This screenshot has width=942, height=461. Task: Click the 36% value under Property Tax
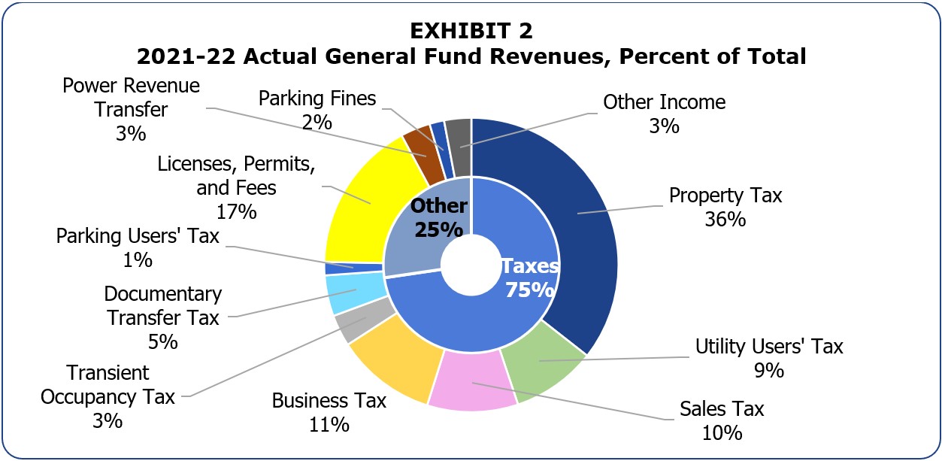point(725,220)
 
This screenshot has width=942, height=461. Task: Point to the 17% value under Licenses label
point(236,211)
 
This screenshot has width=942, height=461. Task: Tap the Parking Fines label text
point(317,99)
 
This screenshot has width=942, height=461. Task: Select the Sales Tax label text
point(722,408)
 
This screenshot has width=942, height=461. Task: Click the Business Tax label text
point(329,400)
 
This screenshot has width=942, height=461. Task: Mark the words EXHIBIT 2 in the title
point(471,31)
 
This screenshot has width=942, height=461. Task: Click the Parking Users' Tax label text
point(138,236)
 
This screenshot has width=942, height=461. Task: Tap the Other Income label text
point(664,102)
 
